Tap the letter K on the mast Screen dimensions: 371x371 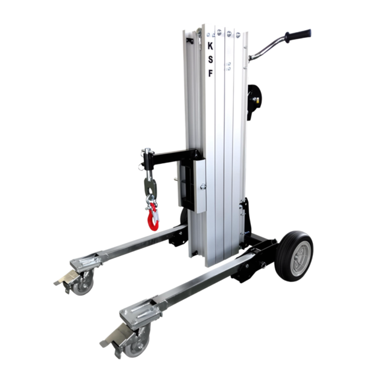[210, 46]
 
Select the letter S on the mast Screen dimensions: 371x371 [210, 60]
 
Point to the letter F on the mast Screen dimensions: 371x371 [210, 74]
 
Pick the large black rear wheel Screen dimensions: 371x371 [294, 256]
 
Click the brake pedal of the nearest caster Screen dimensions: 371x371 [116, 335]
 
